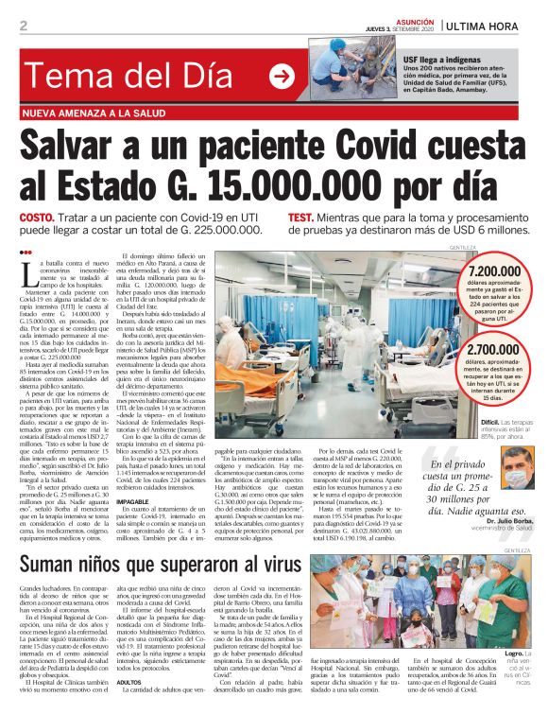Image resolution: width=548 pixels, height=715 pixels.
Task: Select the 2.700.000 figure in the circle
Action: coord(490,351)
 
